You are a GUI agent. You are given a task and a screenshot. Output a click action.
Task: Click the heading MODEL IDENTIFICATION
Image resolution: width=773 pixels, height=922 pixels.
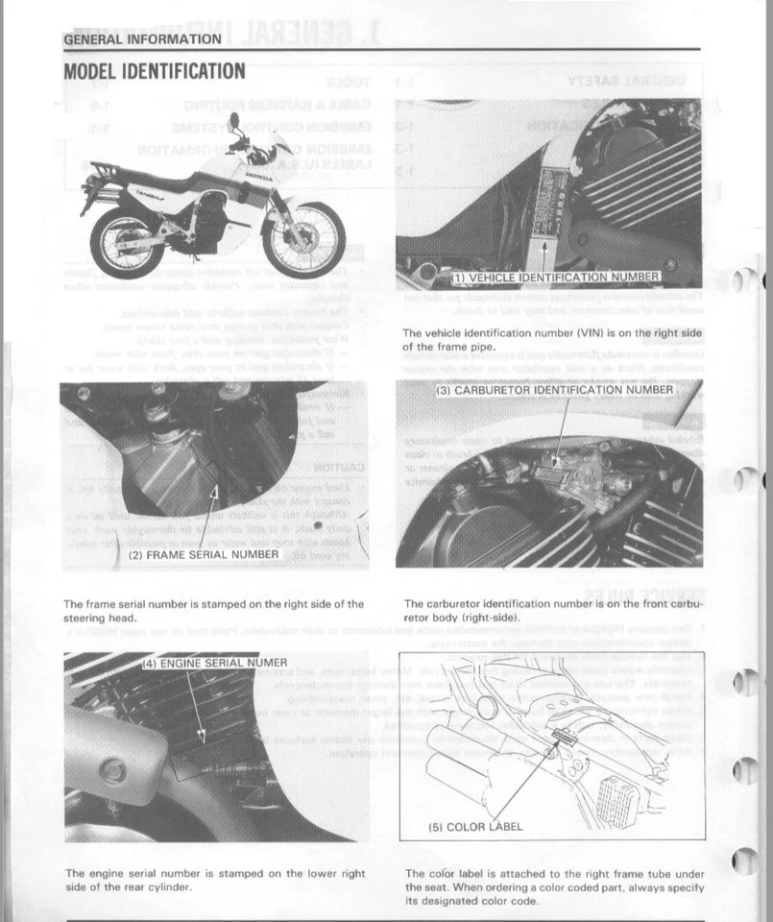154,71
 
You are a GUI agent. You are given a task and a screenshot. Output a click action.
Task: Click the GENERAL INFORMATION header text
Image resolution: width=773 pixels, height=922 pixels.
142,39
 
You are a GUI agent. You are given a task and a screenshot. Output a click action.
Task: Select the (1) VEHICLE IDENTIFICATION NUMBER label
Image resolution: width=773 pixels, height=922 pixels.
555,278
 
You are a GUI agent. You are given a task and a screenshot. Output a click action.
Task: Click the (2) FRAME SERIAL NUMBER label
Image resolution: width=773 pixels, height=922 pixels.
204,554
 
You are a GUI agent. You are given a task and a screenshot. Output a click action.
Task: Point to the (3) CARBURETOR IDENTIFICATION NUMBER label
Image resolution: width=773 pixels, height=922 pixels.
555,390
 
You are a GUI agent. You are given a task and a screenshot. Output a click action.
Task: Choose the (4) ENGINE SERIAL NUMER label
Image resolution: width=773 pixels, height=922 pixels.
214,663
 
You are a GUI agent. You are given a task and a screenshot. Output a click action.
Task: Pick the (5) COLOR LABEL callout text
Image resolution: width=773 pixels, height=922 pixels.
475,826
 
